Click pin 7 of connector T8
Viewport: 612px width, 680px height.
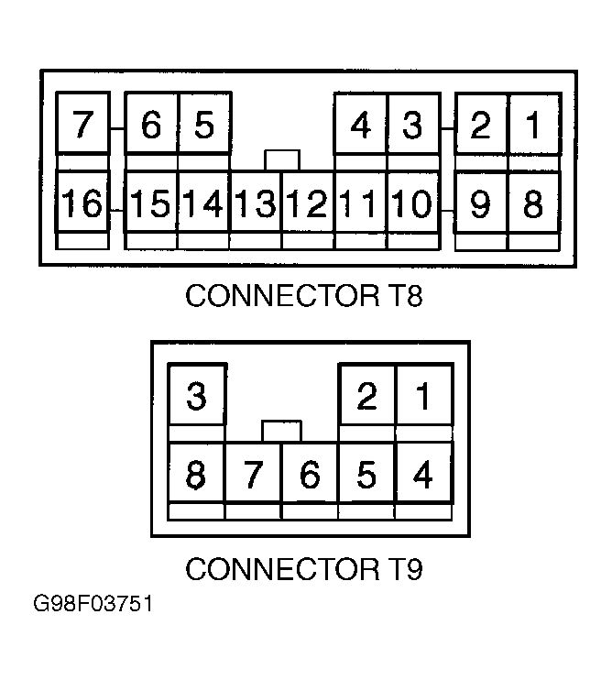[83, 124]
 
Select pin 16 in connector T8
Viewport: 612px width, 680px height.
[82, 203]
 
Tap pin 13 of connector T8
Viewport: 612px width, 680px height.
[256, 203]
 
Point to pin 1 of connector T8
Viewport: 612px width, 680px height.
[534, 124]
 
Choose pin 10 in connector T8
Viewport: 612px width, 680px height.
[413, 203]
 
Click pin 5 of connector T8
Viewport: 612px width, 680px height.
[204, 124]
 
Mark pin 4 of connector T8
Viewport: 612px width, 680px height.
[361, 124]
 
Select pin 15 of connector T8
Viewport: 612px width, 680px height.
[151, 203]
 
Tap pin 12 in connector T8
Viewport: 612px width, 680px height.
[308, 203]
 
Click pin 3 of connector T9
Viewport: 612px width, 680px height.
[197, 396]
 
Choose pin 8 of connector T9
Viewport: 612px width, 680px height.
[196, 475]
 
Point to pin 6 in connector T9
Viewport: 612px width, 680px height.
[310, 475]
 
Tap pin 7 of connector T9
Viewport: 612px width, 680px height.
[253, 475]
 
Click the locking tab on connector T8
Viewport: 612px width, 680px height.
[281, 159]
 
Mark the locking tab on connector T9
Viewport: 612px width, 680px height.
[281, 430]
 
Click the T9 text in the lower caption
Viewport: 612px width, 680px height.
[403, 570]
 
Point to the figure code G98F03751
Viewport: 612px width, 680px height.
[93, 606]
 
